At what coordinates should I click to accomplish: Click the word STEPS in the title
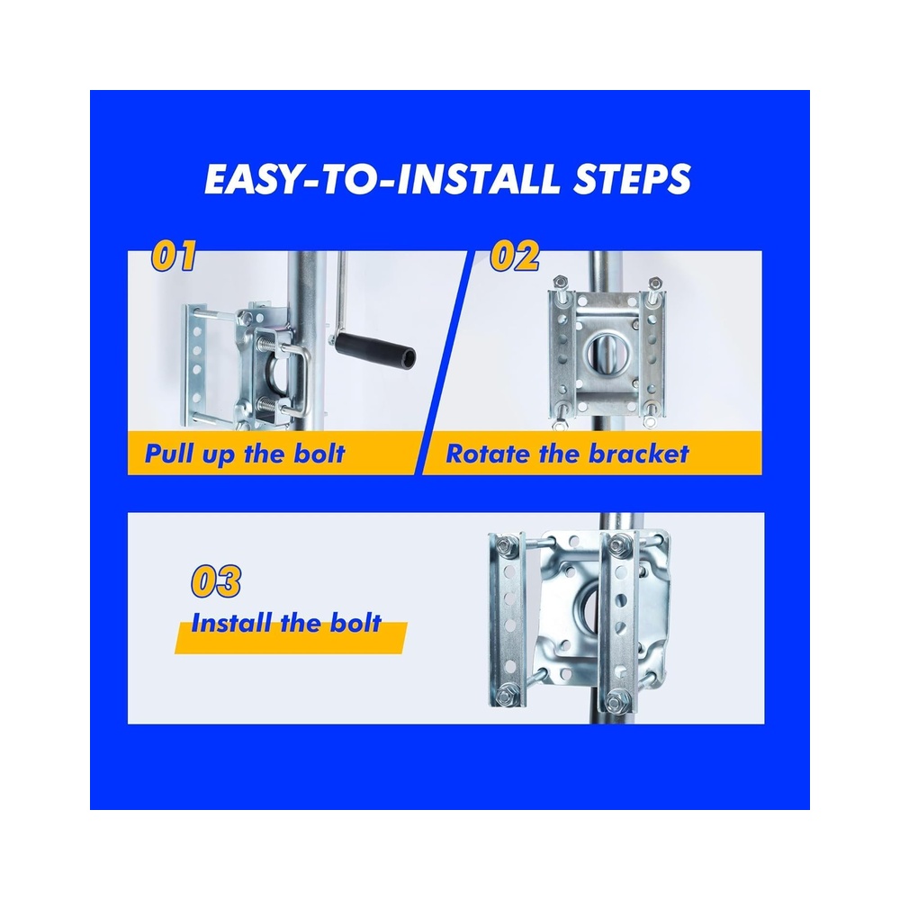point(633,179)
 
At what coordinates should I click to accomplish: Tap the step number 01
point(174,256)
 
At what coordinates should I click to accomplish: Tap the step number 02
point(514,256)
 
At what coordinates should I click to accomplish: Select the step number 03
point(216,580)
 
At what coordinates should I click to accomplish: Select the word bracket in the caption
point(639,454)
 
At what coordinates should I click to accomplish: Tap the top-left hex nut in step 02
point(560,283)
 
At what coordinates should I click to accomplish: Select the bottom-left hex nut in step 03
point(506,697)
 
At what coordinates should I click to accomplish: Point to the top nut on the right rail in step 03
point(619,544)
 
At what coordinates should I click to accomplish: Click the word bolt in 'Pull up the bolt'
point(319,454)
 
